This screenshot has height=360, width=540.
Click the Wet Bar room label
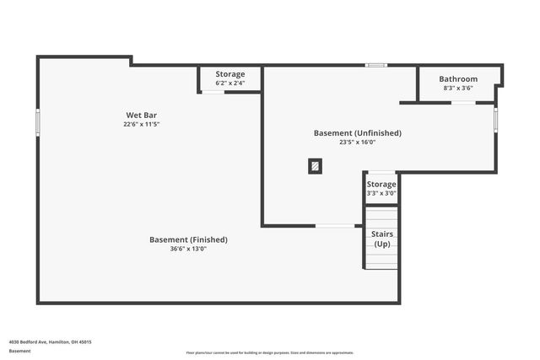click(142, 115)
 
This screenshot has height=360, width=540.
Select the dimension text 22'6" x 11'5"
click(142, 124)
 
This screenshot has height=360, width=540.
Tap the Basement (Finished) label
click(188, 239)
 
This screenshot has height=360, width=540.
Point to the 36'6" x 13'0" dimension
click(188, 249)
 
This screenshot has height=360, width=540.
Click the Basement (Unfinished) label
click(358, 133)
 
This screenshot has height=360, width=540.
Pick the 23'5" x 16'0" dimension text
click(358, 142)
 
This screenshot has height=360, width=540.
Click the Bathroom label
click(458, 79)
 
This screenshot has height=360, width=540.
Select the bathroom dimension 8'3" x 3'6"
click(458, 88)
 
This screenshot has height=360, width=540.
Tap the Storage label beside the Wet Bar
click(230, 74)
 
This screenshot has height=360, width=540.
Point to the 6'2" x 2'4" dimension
click(230, 83)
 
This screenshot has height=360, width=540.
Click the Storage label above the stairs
click(381, 185)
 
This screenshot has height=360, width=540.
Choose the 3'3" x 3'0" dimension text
click(381, 193)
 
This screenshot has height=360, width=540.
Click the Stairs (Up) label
click(382, 239)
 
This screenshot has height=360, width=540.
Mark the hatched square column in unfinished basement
click(315, 167)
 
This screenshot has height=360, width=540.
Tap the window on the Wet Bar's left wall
click(38, 122)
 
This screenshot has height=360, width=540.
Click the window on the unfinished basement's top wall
click(376, 65)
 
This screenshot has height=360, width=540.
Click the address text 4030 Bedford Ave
click(51, 341)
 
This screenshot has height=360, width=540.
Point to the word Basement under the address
click(20, 351)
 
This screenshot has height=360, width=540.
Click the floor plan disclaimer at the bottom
click(270, 352)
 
